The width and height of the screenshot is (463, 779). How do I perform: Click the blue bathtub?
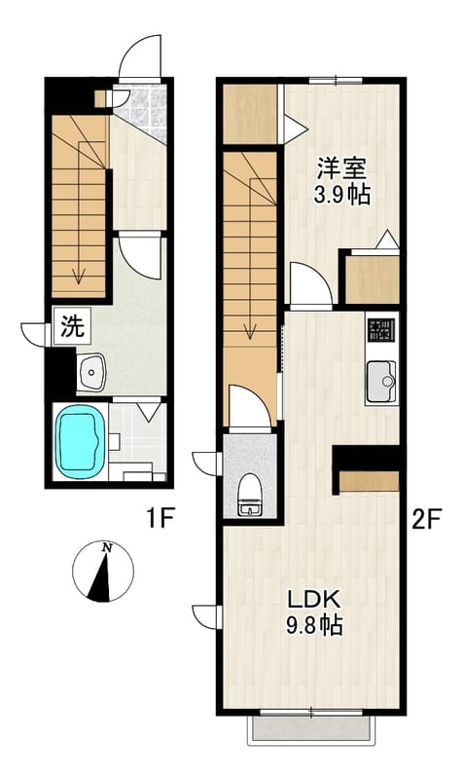coord(81,442)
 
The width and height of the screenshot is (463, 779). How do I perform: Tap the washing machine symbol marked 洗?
coord(72,326)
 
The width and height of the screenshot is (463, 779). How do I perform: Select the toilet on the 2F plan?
coord(249,495)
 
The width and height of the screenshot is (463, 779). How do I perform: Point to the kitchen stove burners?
coord(380,329)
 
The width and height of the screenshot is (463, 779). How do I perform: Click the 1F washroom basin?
coord(91,372)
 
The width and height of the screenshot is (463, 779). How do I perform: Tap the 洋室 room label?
coord(342,168)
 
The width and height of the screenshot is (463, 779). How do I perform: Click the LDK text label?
coord(314,600)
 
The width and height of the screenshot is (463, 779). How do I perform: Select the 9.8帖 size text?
coord(314,624)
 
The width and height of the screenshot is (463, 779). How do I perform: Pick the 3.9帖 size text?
coord(342,195)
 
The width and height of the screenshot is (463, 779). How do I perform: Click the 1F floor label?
coord(159,519)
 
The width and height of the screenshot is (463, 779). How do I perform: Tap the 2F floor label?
coord(426,520)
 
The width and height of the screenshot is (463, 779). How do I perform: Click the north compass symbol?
coord(103,572)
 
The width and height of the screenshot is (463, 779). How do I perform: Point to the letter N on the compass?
coord(106,548)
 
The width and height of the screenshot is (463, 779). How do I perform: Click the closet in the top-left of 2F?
coord(250,114)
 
